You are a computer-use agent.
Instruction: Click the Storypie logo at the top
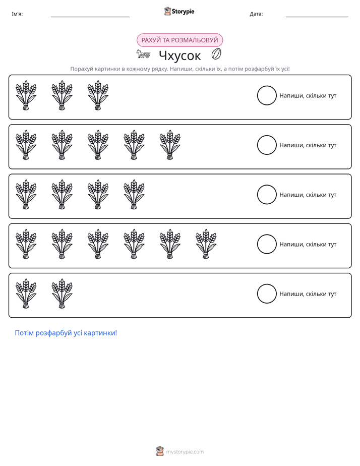[x=179, y=11]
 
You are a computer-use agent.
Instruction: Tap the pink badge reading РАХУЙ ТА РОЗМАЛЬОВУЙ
[x=179, y=40]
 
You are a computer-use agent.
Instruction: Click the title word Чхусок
[x=180, y=55]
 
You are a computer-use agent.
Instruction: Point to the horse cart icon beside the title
[x=143, y=54]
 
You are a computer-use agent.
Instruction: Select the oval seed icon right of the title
[x=216, y=54]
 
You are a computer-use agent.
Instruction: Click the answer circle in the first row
[x=267, y=95]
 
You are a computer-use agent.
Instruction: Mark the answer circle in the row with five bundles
[x=267, y=145]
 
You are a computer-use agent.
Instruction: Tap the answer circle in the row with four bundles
[x=267, y=195]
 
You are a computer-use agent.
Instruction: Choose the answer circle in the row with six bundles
[x=267, y=244]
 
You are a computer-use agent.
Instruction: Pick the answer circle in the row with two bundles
[x=267, y=294]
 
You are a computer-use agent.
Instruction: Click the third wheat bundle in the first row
[x=98, y=95]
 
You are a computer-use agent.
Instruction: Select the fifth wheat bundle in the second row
[x=170, y=145]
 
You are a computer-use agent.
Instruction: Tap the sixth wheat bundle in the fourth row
[x=206, y=244]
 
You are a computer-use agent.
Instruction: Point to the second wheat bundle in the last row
[x=62, y=294]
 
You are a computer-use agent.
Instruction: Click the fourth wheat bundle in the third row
[x=134, y=194]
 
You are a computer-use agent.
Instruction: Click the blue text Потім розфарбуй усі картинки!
[x=66, y=333]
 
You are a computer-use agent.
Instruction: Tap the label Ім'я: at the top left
[x=17, y=14]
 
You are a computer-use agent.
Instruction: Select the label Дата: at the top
[x=256, y=14]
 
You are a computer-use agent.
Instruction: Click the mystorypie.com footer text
[x=185, y=452]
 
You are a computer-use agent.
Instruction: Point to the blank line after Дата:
[x=317, y=17]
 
